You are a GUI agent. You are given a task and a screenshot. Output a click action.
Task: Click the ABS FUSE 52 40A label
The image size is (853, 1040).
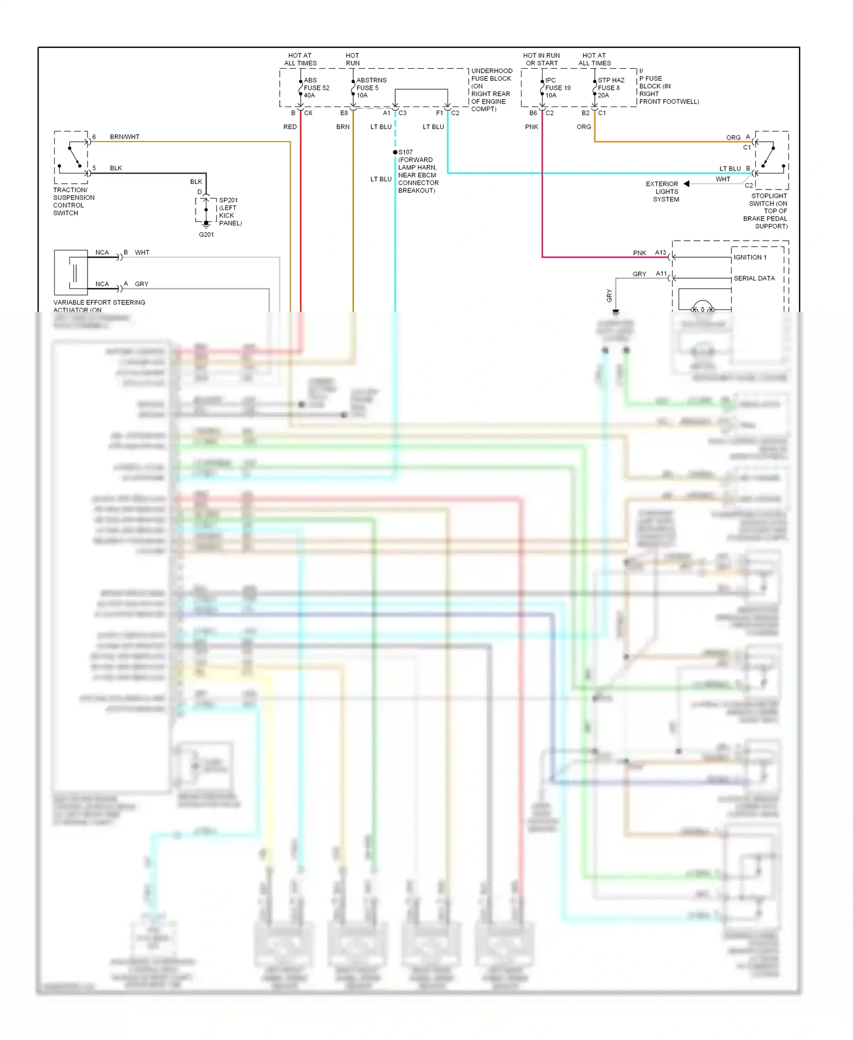coord(316,88)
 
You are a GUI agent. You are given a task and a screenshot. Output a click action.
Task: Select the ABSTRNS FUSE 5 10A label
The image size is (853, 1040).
coord(371,88)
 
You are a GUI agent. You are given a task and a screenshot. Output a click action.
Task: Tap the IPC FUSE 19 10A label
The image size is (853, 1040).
coord(557,88)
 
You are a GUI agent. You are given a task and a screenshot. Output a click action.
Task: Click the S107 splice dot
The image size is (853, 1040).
coord(395,152)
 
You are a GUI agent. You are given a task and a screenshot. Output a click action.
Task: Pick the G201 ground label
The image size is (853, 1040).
coord(206,234)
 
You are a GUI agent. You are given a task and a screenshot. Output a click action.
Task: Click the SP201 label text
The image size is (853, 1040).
coord(229,200)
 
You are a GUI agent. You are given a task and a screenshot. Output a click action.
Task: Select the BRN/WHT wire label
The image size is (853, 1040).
coord(125,137)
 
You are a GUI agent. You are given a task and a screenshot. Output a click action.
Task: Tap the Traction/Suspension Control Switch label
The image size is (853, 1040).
coord(73,201)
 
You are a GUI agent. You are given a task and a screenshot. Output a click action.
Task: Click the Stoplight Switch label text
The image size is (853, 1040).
coord(768,211)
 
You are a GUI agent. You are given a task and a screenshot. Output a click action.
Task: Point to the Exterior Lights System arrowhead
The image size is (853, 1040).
coord(686,184)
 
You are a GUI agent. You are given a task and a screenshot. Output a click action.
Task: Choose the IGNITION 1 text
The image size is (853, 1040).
coord(750,257)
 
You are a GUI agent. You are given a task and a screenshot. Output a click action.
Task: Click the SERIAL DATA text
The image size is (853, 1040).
coord(754,278)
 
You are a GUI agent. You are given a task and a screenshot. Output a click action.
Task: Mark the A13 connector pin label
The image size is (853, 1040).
coord(660,253)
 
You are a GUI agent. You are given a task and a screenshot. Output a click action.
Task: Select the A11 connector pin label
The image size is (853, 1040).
coord(661,274)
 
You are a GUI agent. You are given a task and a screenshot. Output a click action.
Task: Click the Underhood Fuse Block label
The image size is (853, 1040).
coord(491,90)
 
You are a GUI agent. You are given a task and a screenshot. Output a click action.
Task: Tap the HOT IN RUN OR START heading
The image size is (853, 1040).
coord(541,59)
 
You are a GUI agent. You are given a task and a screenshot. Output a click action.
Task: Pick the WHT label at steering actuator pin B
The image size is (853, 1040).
coord(142,253)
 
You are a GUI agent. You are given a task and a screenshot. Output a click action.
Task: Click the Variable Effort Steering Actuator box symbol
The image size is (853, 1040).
coord(71,272)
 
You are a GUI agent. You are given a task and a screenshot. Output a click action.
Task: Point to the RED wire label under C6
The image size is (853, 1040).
coord(290,127)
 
